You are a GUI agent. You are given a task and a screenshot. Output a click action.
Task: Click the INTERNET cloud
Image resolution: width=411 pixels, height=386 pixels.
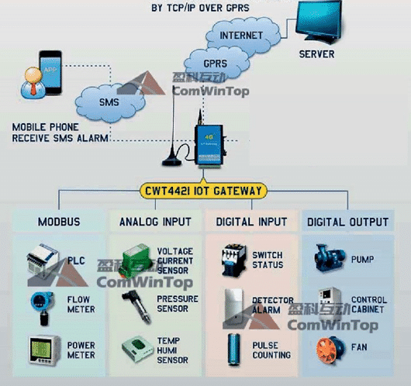tap(243, 35)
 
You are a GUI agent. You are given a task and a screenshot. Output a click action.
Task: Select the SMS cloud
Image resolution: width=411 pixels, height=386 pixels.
tap(110, 103)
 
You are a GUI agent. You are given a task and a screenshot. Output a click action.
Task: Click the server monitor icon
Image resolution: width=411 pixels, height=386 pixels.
tap(319, 22)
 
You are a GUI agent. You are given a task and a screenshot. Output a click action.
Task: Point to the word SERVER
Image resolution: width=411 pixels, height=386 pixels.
tap(316, 54)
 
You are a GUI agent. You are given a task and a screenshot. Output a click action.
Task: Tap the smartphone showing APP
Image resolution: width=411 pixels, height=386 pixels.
tap(50, 72)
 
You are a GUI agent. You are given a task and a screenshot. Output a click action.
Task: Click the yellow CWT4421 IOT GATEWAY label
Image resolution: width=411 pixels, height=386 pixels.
tap(203, 191)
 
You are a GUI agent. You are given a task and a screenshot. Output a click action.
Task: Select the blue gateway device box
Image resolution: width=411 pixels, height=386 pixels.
tap(209, 145)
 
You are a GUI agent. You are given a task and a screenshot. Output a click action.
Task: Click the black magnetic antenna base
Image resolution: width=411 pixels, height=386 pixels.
tap(171, 161)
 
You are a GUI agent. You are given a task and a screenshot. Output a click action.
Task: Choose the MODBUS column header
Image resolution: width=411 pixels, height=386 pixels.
tap(59, 222)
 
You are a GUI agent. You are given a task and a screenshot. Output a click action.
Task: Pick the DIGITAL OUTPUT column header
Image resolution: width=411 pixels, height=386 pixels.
tap(347, 222)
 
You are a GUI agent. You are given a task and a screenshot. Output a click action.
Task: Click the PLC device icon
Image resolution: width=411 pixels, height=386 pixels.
tap(43, 260)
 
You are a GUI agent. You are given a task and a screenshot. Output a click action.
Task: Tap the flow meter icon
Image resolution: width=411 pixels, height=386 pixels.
tap(42, 308)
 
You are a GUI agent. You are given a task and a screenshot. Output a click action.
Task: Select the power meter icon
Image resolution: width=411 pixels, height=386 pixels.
tap(44, 350)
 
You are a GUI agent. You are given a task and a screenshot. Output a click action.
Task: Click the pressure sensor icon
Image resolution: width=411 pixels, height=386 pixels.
tap(136, 307)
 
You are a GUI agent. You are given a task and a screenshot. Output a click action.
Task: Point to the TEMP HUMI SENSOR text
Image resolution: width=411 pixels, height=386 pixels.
tap(172, 350)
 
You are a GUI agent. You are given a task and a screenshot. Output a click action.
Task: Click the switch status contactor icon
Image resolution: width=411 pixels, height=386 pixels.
tap(234, 260)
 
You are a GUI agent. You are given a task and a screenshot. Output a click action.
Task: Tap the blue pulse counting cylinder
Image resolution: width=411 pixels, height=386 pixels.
tap(233, 350)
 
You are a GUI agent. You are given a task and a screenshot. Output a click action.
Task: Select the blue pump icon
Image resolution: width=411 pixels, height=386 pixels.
tap(330, 258)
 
